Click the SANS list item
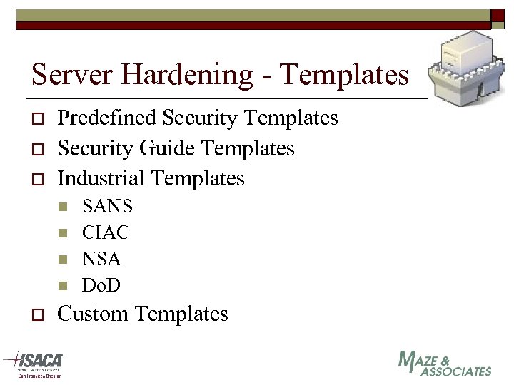point(107,207)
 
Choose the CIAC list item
point(106,232)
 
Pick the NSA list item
point(101,259)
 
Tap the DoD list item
point(101,285)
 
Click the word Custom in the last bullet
point(93,314)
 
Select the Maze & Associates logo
point(444,364)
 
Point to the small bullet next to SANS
point(63,207)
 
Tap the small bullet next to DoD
point(63,286)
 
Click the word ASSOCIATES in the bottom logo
point(456,371)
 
